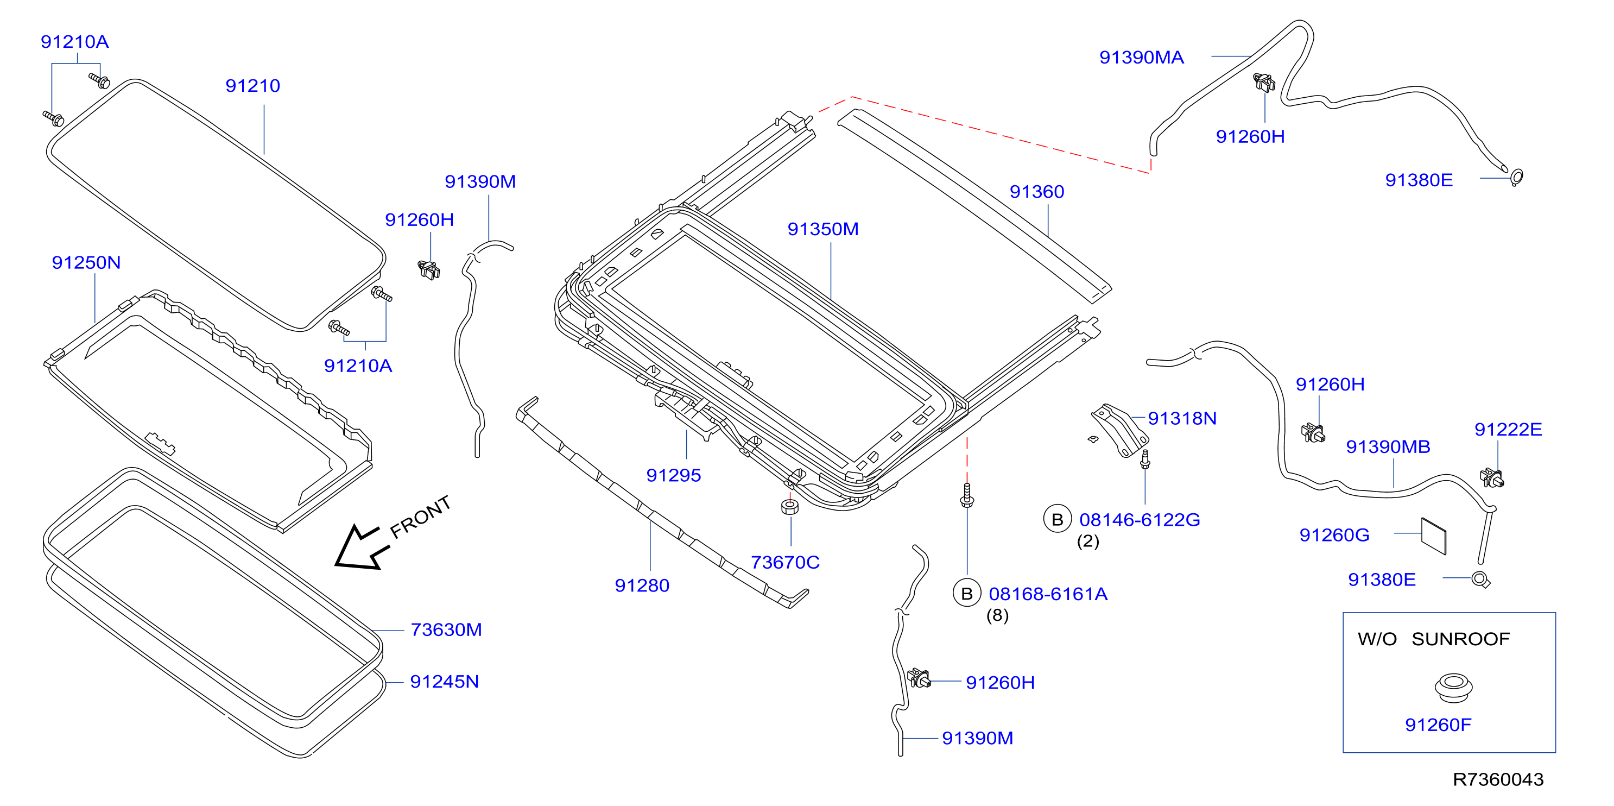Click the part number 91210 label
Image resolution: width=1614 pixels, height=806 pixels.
(x=252, y=85)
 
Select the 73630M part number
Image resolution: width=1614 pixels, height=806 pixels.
(x=446, y=629)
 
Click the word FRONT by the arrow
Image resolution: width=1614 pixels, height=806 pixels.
(x=420, y=517)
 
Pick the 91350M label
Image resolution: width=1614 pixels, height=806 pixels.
(x=822, y=229)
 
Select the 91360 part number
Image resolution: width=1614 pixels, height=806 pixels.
(x=1036, y=191)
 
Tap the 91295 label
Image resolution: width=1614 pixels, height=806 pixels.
(x=674, y=475)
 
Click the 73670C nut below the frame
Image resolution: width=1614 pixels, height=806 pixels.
(x=790, y=506)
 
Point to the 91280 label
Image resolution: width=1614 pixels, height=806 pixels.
(x=642, y=585)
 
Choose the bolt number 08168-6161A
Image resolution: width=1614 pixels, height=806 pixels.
(x=1048, y=594)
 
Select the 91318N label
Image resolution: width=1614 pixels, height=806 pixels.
(x=1182, y=418)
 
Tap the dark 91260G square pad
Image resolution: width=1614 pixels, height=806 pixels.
(x=1434, y=537)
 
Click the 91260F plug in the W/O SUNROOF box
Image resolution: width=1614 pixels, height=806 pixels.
(x=1454, y=688)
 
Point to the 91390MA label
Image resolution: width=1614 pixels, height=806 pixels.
(x=1142, y=57)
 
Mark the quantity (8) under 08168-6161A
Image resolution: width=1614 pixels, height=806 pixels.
(x=997, y=615)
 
